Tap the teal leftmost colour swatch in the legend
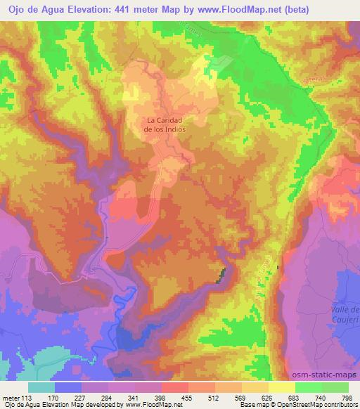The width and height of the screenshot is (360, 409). [x=41, y=387]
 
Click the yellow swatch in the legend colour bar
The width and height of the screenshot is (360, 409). [x=281, y=387]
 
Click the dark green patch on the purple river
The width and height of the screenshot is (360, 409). [x=222, y=275]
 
